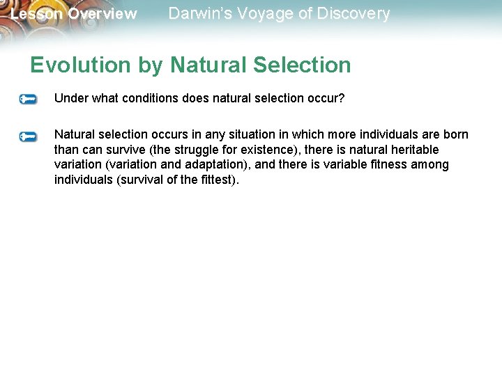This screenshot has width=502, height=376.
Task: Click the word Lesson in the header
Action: coord(35,14)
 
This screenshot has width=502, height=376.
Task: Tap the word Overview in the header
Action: coord(102,14)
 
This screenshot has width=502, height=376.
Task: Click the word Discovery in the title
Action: coord(353,13)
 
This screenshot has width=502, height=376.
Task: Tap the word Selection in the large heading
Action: coord(301,65)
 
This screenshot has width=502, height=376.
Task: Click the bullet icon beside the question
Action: coord(29,100)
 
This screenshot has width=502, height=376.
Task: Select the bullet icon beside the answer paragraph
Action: coord(29,136)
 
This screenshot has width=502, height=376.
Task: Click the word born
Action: coord(456,134)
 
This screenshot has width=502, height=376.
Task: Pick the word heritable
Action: coord(415,150)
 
